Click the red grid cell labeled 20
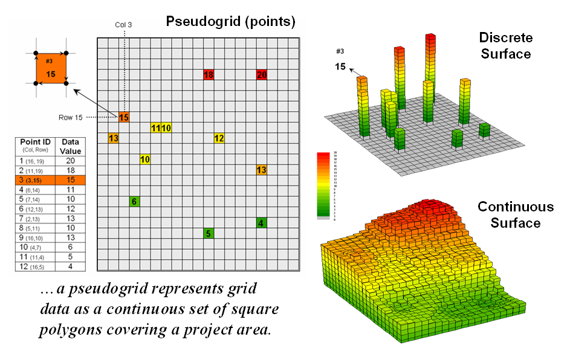[x=262, y=75]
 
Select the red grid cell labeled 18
[x=209, y=75]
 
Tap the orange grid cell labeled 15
[x=123, y=117]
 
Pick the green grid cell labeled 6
[x=134, y=202]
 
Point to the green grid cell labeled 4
[x=262, y=223]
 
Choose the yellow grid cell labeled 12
[x=219, y=138]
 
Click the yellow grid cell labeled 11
[x=155, y=128]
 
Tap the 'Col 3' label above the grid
[x=124, y=25]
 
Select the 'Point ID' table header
[x=34, y=146]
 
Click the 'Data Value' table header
[x=71, y=146]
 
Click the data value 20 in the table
[x=71, y=160]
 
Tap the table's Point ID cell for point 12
[x=34, y=265]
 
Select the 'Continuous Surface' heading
[x=515, y=215]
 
